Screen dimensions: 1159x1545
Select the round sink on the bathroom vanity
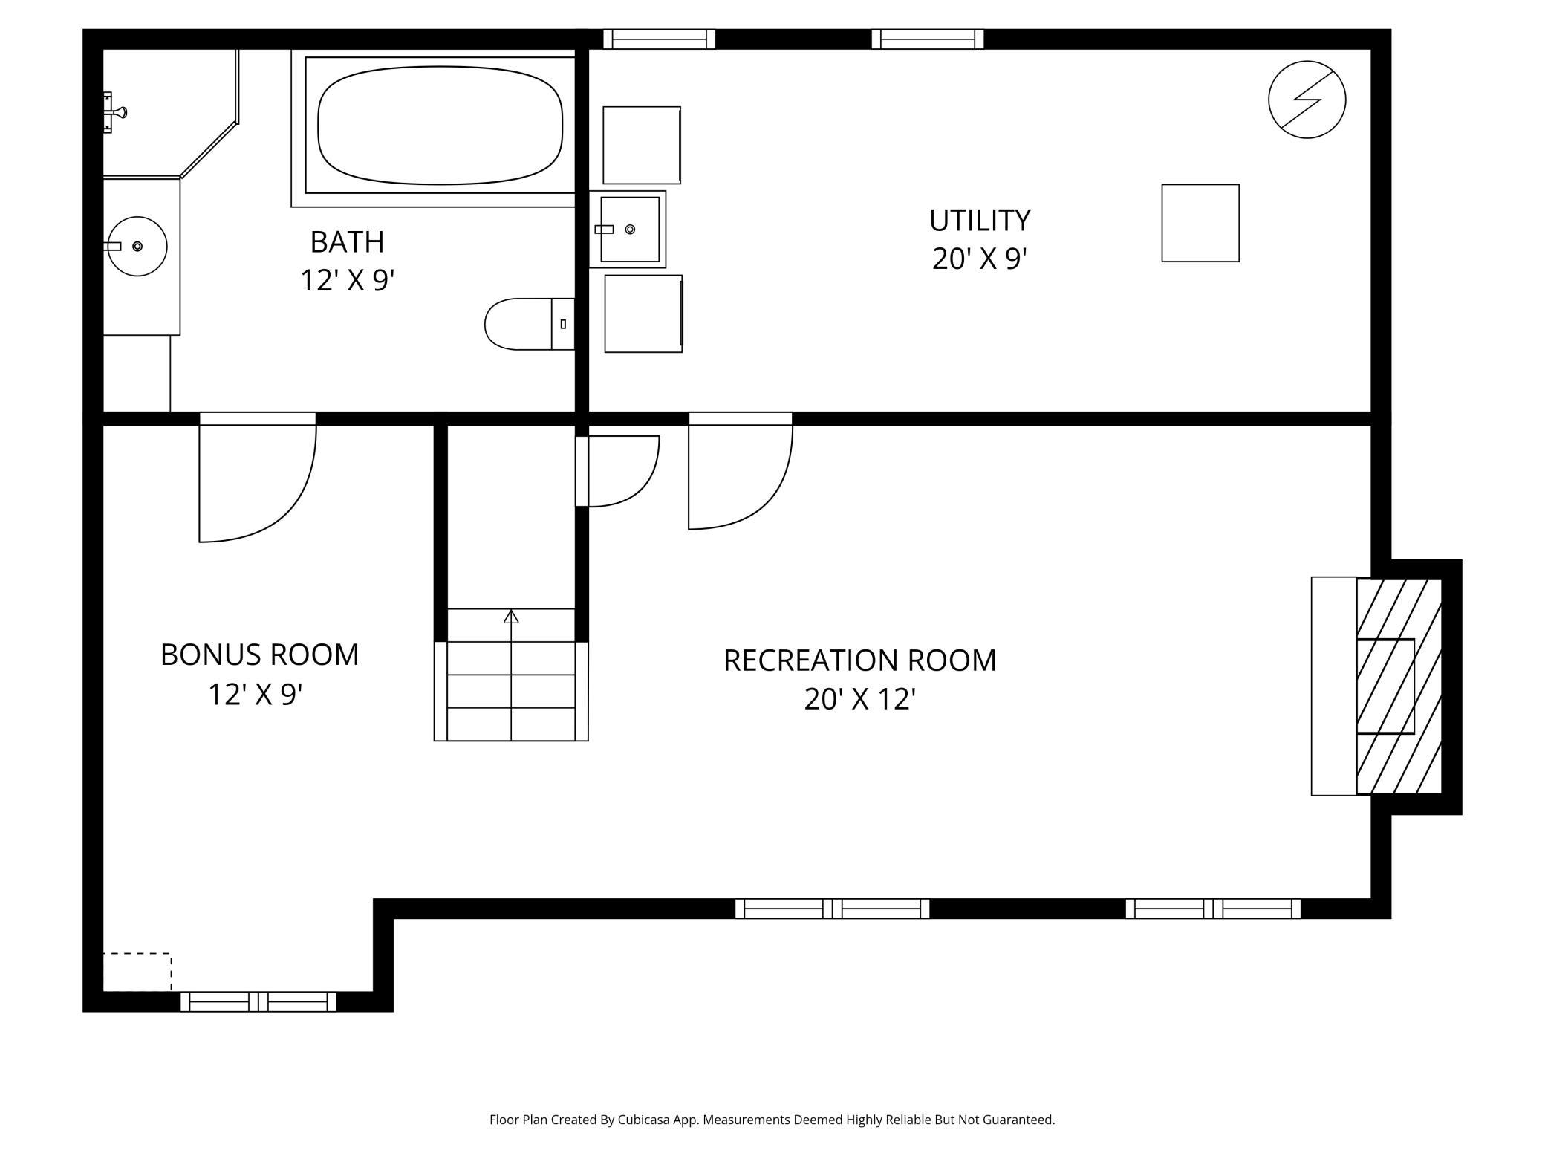137,246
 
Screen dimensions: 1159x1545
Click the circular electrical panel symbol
1307,100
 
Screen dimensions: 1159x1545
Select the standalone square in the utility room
1200,223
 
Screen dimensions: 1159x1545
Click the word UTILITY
979,221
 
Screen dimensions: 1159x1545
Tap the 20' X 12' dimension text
859,699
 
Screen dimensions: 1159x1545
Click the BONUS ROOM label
259,655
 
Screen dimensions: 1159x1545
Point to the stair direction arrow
511,617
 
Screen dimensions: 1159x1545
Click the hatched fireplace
1398,686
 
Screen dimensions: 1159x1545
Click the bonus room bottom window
258,1001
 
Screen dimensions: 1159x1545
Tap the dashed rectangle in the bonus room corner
137,972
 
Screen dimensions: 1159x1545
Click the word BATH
347,242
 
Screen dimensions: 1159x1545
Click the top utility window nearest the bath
658,39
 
